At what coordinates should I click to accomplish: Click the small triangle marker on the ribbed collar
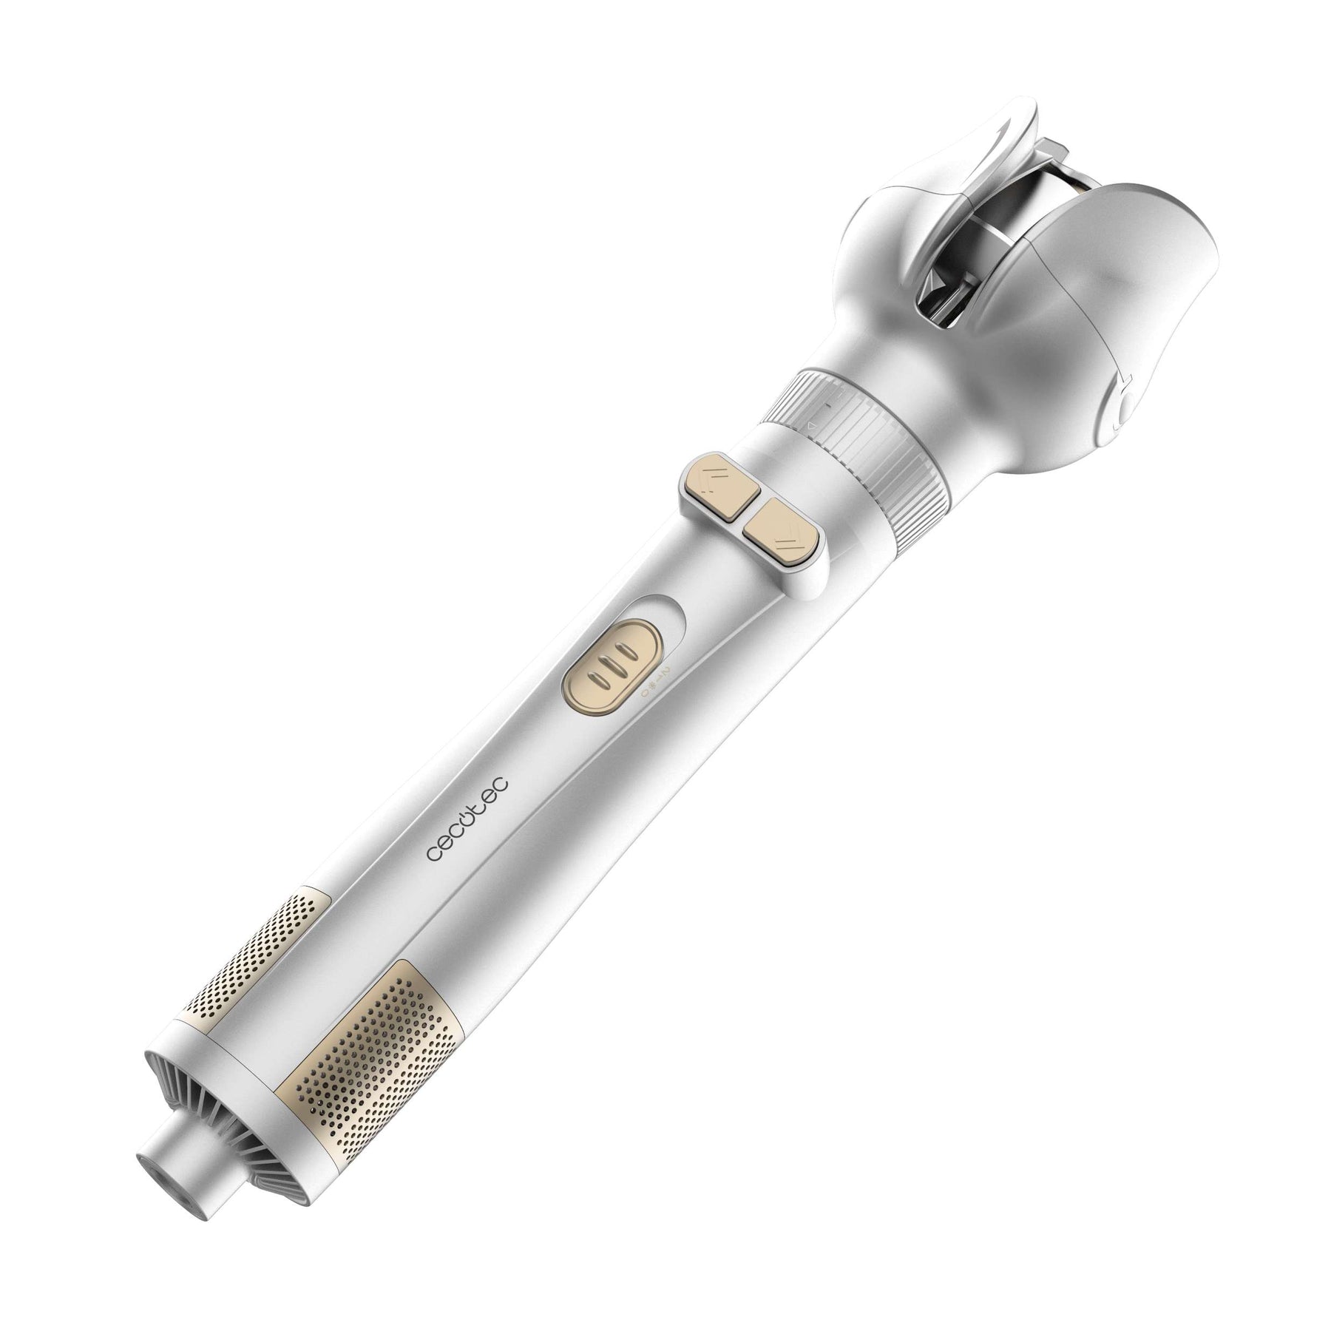click(x=812, y=427)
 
